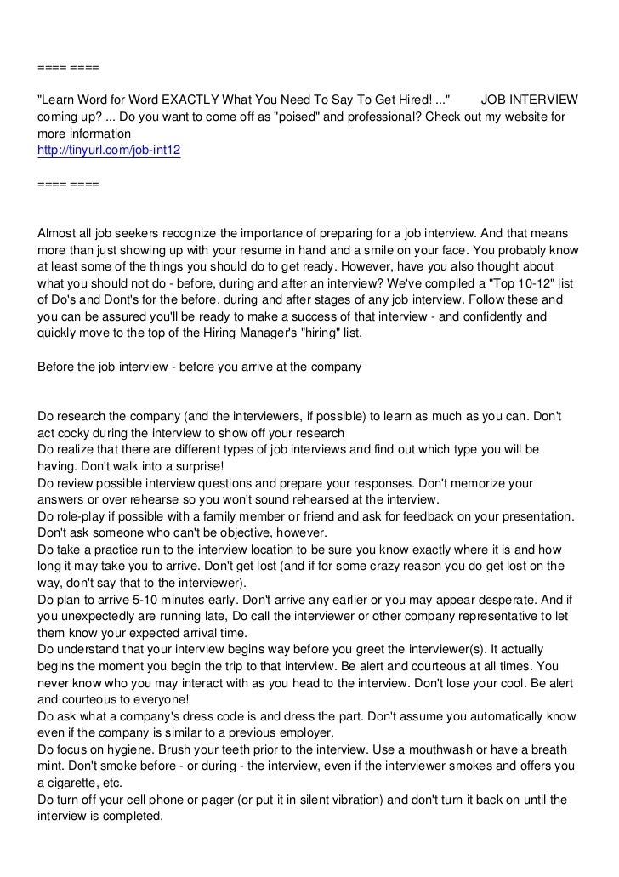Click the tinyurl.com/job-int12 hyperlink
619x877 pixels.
[x=109, y=150]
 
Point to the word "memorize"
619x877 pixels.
[x=476, y=482]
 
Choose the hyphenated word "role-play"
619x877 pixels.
[x=83, y=515]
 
